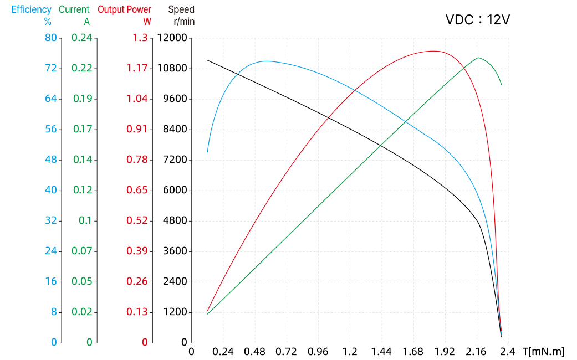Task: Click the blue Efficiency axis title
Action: coord(32,10)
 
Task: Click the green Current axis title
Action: coord(74,10)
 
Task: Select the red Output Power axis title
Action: coord(125,10)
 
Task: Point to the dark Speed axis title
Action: coord(181,10)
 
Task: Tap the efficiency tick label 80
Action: coord(51,38)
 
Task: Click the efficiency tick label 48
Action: coord(51,160)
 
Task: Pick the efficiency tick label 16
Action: coord(51,281)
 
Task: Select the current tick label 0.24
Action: coord(82,38)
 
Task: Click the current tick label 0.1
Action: coord(85,220)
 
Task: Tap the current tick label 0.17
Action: coord(82,129)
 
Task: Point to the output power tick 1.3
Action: coord(140,38)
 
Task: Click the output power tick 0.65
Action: coord(137,190)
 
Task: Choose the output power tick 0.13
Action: coord(137,312)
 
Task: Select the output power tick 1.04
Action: coord(137,99)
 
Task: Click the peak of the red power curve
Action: coord(433,51)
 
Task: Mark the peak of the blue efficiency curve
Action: coord(266,61)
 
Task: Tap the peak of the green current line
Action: coord(478,58)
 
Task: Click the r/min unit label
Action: coord(184,22)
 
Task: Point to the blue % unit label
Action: coord(48,22)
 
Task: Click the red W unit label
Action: coord(147,22)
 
